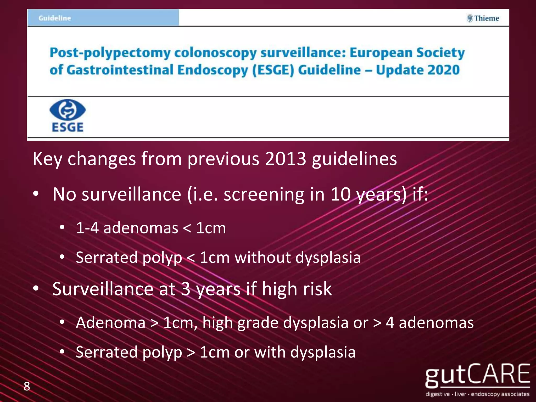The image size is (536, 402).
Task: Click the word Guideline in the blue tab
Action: [55, 18]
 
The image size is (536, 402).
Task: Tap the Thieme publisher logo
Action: [483, 18]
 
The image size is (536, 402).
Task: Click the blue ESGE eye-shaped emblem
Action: [68, 110]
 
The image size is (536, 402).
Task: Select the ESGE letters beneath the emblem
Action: [68, 127]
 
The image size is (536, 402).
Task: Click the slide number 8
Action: [27, 386]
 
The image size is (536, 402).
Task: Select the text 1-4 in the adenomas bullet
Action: [87, 228]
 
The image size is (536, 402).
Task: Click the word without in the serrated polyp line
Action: [263, 257]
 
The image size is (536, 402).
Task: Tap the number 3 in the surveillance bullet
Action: [186, 289]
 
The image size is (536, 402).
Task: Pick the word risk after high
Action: [317, 289]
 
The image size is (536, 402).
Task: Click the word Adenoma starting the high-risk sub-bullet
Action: [110, 322]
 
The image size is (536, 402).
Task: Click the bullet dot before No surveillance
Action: [36, 194]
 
